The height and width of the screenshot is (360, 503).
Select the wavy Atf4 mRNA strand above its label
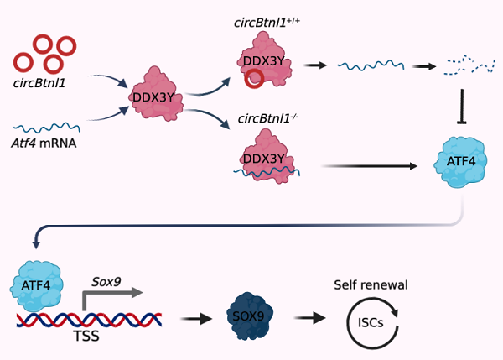46,128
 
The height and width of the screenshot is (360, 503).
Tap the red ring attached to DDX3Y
253,79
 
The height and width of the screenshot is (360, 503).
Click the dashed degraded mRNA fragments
464,62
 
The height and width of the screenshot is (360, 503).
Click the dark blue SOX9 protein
251,317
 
